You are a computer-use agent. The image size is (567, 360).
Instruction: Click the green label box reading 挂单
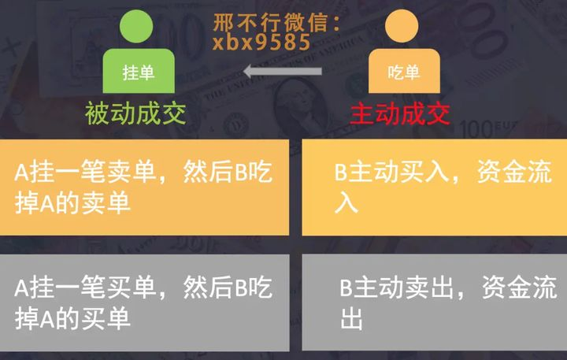(x=139, y=73)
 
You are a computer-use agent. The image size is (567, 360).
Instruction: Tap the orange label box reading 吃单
(x=402, y=73)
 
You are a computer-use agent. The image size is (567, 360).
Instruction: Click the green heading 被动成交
(x=136, y=114)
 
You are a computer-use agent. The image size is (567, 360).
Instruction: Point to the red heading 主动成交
(x=401, y=114)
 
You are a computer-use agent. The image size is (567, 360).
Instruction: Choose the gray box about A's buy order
(x=145, y=302)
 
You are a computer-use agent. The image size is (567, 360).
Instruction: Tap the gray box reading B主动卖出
(x=434, y=302)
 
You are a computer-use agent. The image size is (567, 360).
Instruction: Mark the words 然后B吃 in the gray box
(x=228, y=288)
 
